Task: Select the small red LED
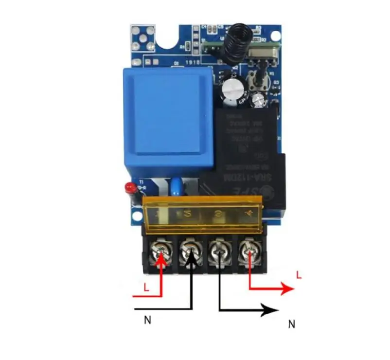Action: coord(129,187)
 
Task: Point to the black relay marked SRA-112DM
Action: coord(243,151)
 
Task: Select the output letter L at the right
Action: coord(299,275)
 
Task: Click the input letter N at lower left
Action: coord(147,320)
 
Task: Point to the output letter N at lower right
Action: coord(292,324)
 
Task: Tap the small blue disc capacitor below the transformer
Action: coord(175,187)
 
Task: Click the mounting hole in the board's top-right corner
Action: coord(276,36)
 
